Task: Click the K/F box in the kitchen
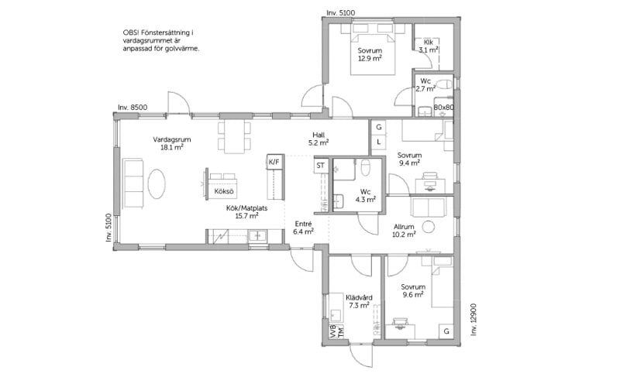276,162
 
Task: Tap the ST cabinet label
320,166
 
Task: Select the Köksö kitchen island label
224,191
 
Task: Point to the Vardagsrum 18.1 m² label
172,143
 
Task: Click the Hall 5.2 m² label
319,139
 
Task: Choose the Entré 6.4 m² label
304,228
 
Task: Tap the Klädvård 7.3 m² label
359,301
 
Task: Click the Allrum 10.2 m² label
404,231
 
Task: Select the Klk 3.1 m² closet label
429,46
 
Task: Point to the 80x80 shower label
443,107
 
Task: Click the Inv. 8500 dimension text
133,108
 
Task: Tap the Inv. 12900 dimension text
474,320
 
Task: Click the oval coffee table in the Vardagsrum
157,184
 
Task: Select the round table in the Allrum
429,227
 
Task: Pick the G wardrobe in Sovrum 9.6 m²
446,331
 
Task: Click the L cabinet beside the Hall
379,142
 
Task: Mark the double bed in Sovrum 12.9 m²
373,53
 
